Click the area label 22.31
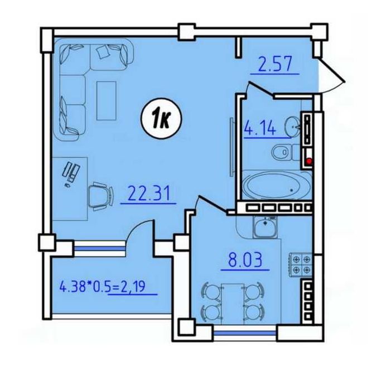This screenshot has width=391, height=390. click(149, 194)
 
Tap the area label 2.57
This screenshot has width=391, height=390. click(275, 64)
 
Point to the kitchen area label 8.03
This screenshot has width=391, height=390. click(245, 259)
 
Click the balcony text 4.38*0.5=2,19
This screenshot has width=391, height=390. click(102, 287)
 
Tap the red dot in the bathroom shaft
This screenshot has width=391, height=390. click(309, 161)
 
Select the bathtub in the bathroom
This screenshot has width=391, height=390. click(276, 185)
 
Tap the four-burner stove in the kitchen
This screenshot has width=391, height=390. click(301, 264)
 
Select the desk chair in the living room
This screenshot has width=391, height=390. click(100, 196)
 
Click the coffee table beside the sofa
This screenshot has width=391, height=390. click(107, 101)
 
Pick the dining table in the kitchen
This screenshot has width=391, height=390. click(233, 304)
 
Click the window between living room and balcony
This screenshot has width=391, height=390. click(99, 248)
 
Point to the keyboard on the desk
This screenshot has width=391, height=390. click(67, 169)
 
